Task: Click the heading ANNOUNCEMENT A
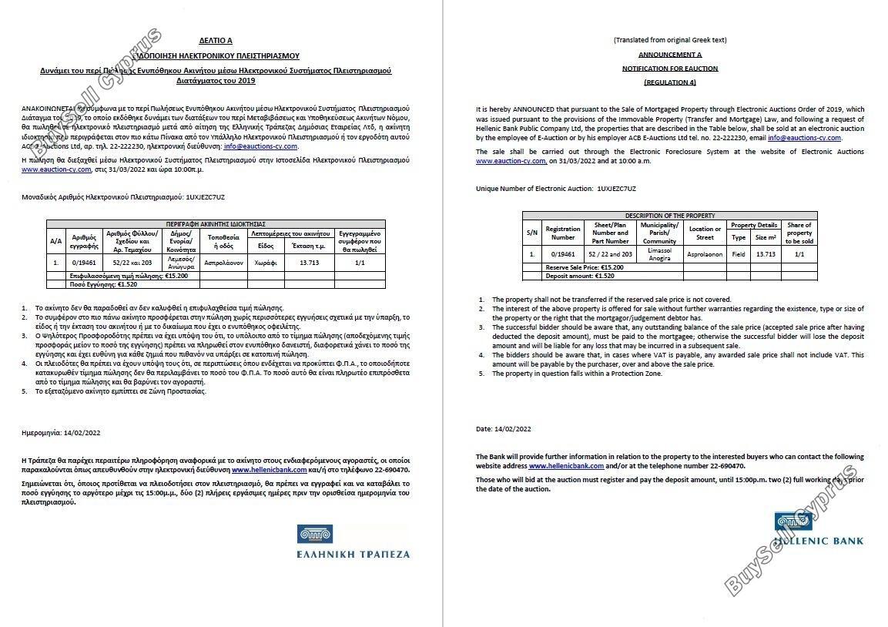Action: pyautogui.click(x=669, y=55)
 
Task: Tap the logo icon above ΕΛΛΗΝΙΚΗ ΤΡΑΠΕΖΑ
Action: pyautogui.click(x=315, y=533)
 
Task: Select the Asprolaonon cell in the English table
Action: pyautogui.click(x=705, y=253)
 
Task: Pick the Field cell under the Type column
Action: pyautogui.click(x=738, y=253)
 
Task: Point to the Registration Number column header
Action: pyautogui.click(x=562, y=233)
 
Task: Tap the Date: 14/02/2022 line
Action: pyautogui.click(x=503, y=429)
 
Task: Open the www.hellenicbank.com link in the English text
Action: pyautogui.click(x=566, y=466)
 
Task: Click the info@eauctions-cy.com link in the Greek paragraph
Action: pyautogui.click(x=260, y=146)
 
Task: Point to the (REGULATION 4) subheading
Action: pyautogui.click(x=669, y=82)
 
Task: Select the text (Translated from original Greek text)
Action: pyautogui.click(x=669, y=40)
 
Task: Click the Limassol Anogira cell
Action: pyautogui.click(x=659, y=253)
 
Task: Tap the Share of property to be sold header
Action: pyautogui.click(x=799, y=233)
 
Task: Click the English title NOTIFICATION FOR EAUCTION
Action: pyautogui.click(x=669, y=69)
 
